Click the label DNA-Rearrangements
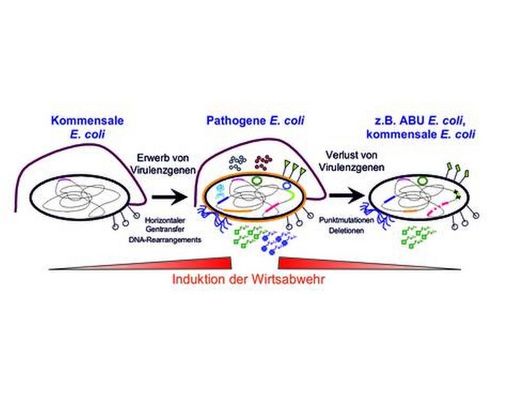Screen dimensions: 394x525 pyautogui.click(x=160, y=243)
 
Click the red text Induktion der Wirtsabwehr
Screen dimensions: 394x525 pyautogui.click(x=249, y=278)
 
